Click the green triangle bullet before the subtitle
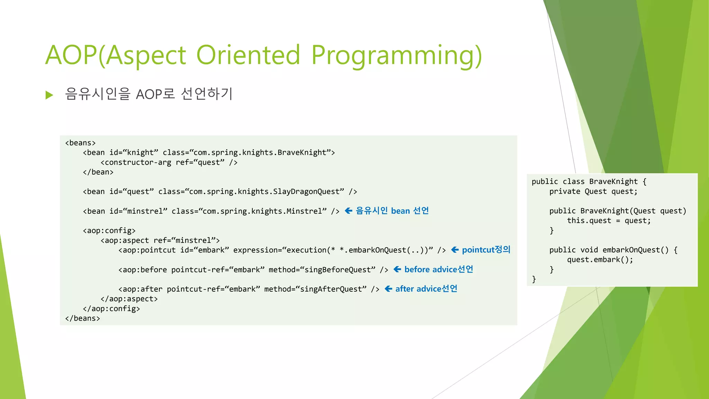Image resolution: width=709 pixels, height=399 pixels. [50, 95]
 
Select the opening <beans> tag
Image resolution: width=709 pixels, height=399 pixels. [80, 143]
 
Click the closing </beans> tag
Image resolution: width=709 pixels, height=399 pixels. [82, 318]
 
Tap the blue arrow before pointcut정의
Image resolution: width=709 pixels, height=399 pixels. [455, 250]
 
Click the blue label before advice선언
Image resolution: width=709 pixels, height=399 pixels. [438, 269]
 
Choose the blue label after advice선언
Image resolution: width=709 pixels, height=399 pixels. [426, 289]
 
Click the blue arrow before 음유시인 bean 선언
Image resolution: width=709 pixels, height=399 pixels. [349, 211]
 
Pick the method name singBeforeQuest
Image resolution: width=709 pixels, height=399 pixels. [339, 270]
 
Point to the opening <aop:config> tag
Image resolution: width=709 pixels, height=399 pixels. [109, 231]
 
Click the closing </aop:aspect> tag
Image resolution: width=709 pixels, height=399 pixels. [129, 299]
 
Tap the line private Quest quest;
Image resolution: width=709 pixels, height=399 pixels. [593, 192]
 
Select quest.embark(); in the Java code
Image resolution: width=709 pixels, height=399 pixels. [600, 260]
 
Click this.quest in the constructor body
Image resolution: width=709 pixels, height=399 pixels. [589, 221]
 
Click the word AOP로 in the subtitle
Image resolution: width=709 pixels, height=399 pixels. [155, 94]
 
